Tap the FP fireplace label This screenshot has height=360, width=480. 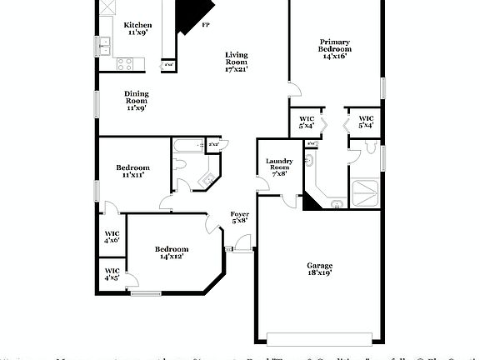pos(206,26)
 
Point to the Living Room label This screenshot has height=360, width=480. pos(237,62)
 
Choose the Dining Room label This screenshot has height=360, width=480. pos(137,101)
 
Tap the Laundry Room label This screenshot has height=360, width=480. pos(277,167)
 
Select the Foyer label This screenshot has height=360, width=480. pos(239,217)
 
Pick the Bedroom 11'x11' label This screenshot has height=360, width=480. pos(132,171)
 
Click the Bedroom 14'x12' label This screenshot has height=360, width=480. pos(171,252)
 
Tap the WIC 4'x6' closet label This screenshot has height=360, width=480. pos(112,236)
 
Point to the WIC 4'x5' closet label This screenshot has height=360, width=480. pos(112,274)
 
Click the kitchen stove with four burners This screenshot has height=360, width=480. pos(126,62)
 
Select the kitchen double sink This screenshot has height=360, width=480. pos(105,47)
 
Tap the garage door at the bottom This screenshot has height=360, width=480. pos(320,338)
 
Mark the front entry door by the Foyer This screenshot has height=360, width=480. pos(242,243)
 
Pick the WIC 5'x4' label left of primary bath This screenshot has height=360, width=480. pos(306,122)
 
